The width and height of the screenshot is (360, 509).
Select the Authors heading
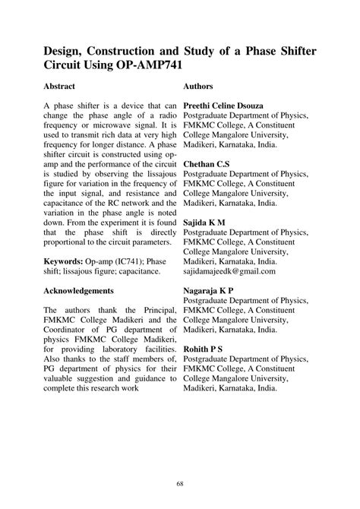click(x=198, y=87)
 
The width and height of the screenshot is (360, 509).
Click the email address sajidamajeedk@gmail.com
click(x=229, y=270)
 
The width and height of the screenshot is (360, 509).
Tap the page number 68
click(x=180, y=483)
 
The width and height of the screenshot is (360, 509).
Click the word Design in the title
click(x=65, y=50)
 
